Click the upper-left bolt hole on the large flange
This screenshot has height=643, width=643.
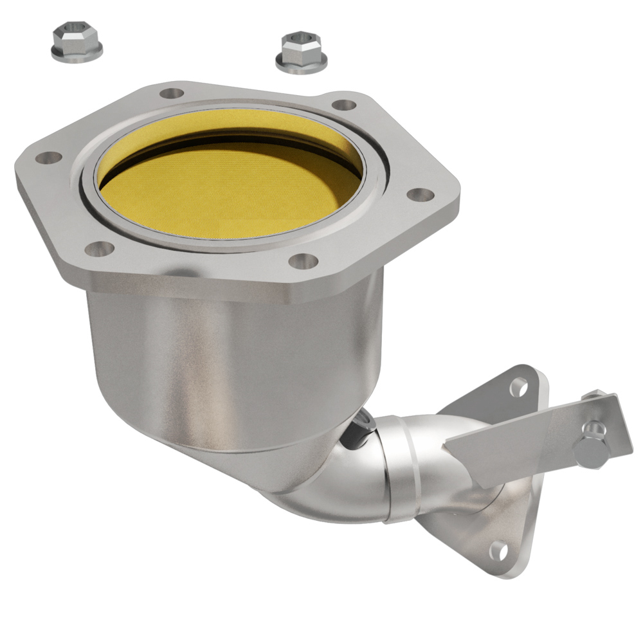(x=170, y=94)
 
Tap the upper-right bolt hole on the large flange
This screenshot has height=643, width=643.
(x=345, y=104)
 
